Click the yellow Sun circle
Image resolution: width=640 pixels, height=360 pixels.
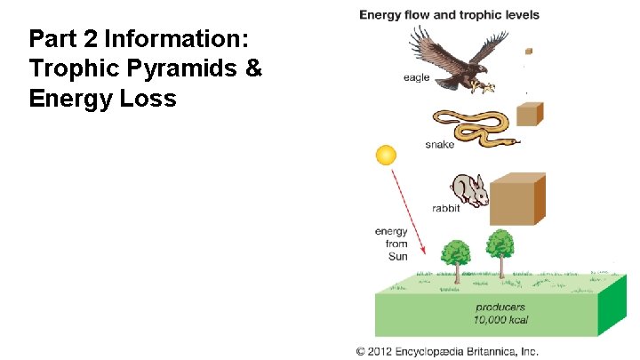click(386, 156)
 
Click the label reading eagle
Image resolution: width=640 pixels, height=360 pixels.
click(416, 78)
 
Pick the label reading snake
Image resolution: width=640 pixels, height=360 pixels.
click(441, 145)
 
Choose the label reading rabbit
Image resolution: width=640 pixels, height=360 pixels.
click(445, 209)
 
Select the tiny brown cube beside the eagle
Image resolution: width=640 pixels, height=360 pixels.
click(528, 52)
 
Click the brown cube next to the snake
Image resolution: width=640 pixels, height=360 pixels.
click(530, 116)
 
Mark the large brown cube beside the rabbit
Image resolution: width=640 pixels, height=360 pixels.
click(518, 197)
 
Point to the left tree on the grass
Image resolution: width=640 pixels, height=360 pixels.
click(456, 257)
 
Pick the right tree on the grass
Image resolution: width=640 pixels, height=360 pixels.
click(500, 249)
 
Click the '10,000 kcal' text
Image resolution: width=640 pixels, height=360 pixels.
click(501, 321)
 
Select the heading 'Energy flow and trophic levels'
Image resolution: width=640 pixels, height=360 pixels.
click(449, 14)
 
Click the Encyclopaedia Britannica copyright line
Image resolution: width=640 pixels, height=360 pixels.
click(448, 351)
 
